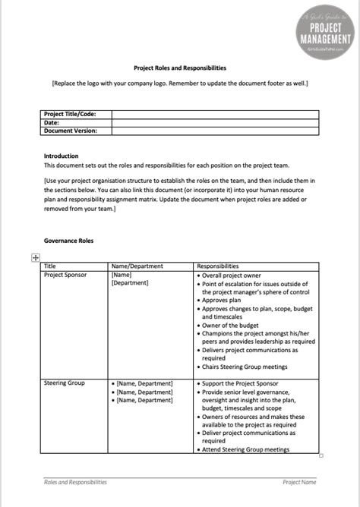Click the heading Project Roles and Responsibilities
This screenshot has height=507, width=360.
point(179,67)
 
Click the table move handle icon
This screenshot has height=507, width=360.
point(34,258)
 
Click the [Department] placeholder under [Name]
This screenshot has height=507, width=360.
point(130,283)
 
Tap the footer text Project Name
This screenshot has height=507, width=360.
point(299,481)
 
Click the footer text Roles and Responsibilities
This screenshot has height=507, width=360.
point(75,481)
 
